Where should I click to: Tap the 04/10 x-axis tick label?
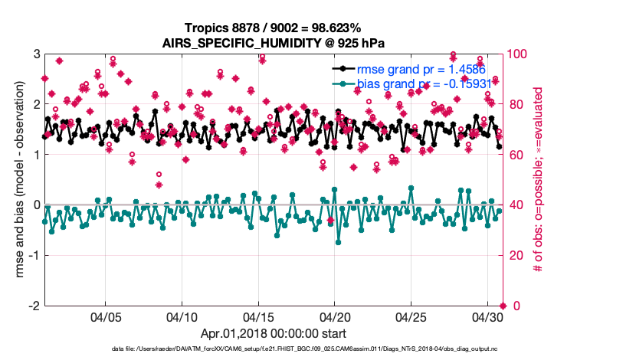pyautogui.click(x=182, y=316)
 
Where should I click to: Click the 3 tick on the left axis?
pyautogui.click(x=36, y=54)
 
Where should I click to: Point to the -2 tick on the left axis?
pyautogui.click(x=34, y=306)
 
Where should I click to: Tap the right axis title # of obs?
pyautogui.click(x=539, y=180)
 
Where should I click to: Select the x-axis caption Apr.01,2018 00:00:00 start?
pyautogui.click(x=273, y=334)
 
